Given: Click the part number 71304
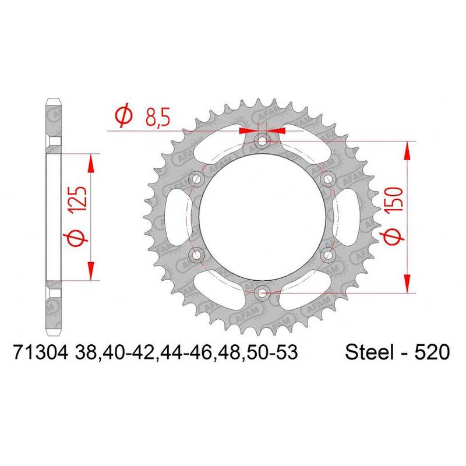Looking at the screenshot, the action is coord(41,353).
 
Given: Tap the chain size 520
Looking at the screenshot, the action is coord(432,353).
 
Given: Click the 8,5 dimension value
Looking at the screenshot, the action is coord(157,117).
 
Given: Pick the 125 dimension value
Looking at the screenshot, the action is coord(78,199).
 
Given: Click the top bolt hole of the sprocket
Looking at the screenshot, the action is coord(262,140).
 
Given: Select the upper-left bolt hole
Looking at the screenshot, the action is coord(196,179).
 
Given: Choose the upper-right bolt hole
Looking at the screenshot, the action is coord(328,179).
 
